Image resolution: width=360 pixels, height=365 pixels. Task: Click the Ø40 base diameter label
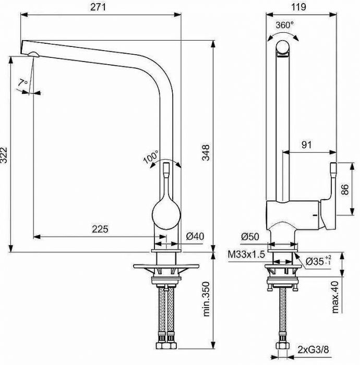(195, 236)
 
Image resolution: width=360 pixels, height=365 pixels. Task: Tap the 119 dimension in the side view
(297, 7)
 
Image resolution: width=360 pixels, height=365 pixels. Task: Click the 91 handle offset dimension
(307, 145)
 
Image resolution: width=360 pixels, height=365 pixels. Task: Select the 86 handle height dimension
(344, 189)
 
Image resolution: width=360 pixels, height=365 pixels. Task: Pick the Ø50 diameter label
(250, 237)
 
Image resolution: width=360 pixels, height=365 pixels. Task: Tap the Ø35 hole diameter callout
(318, 260)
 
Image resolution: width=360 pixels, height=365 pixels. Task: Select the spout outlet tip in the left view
(32, 54)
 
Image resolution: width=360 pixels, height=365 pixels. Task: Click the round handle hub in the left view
(166, 213)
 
